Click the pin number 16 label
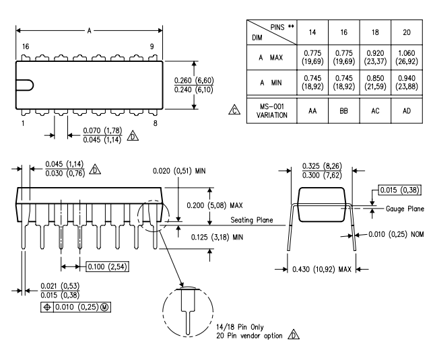pos(25,46)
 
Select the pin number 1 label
pos(22,123)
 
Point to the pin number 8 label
pos(156,123)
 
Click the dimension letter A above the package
pos(90,30)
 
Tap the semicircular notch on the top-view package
pos(24,85)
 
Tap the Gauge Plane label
pos(404,209)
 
